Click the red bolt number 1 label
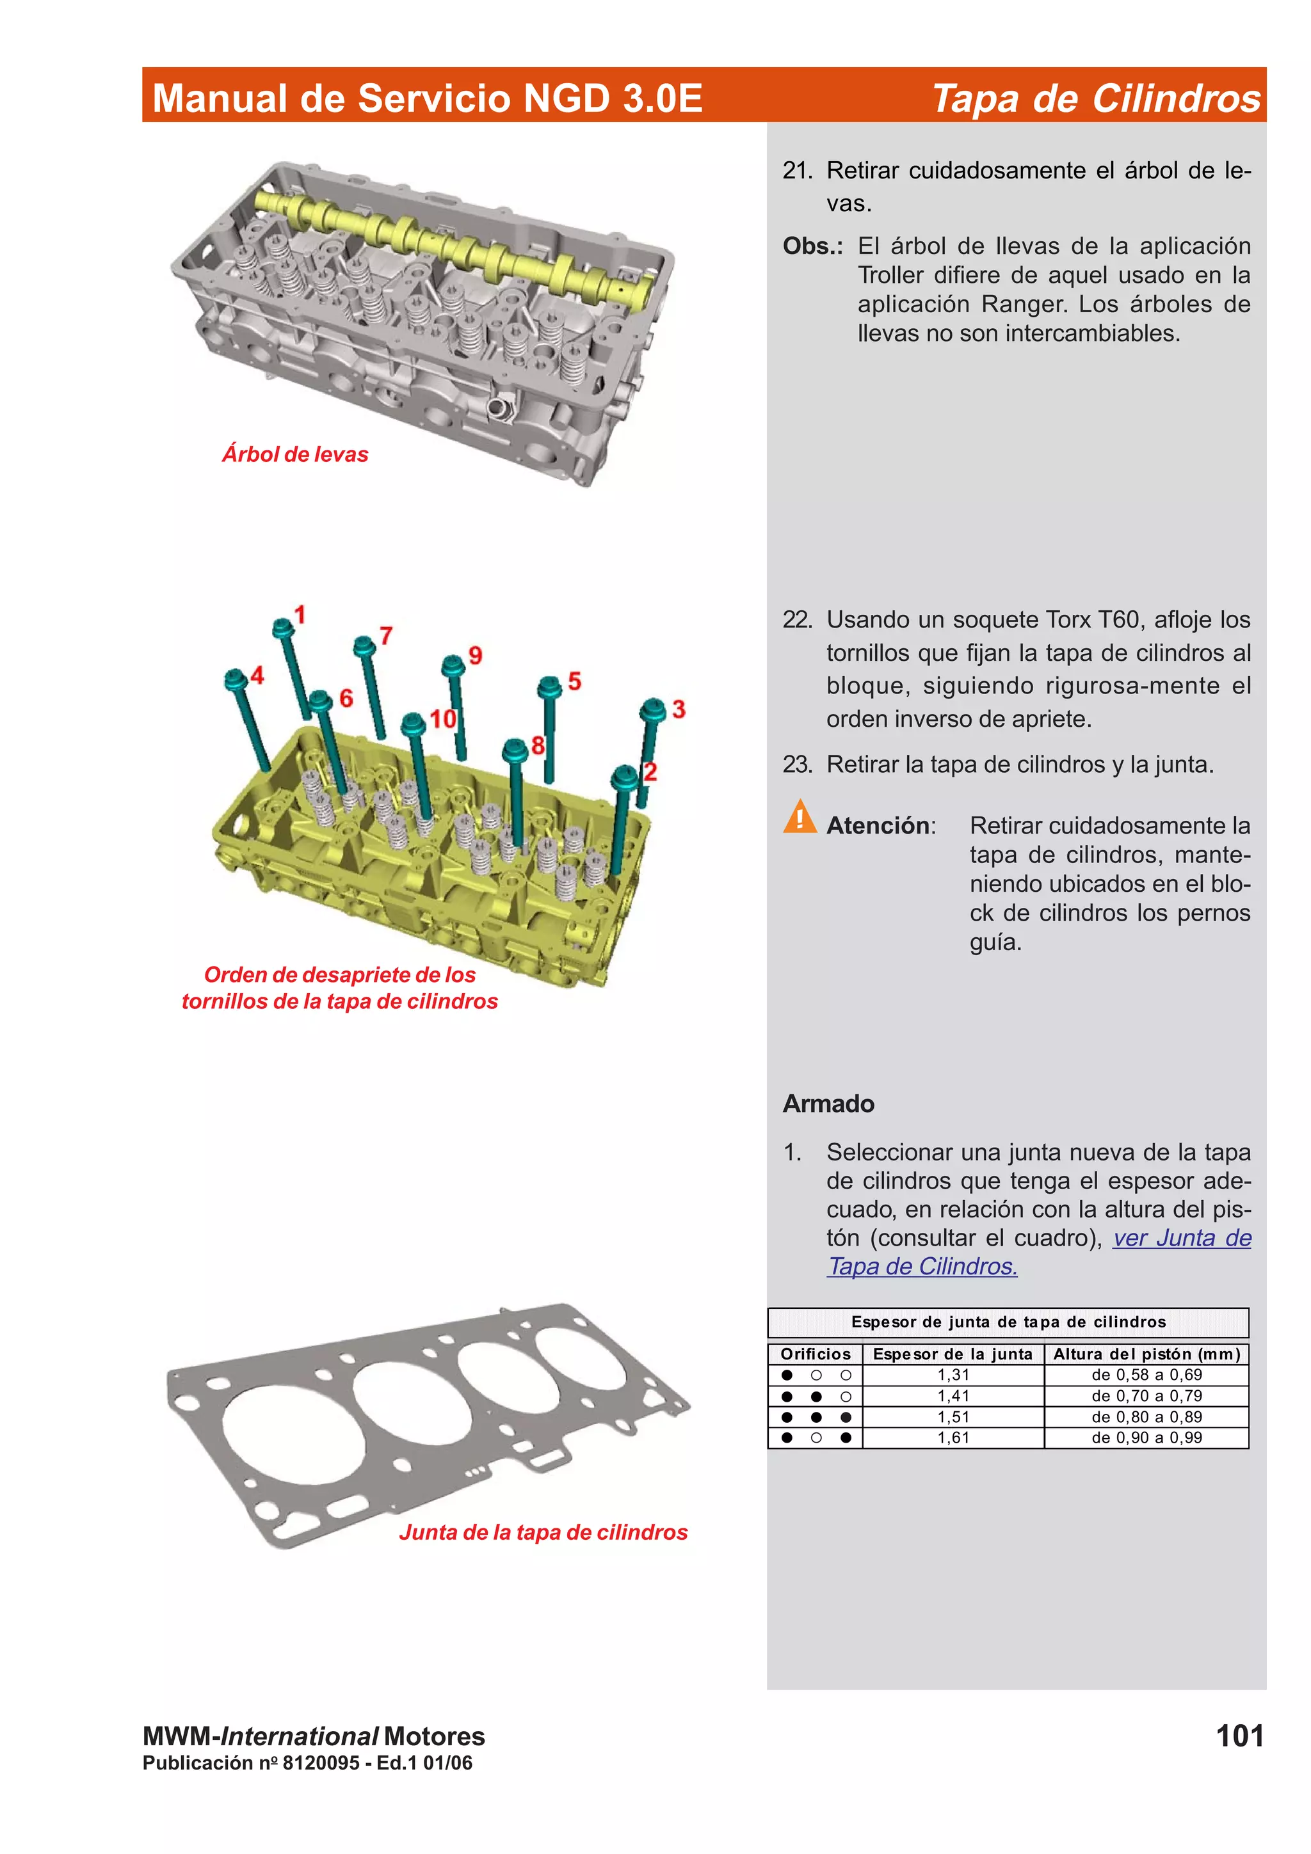click(300, 615)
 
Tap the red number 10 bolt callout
click(442, 718)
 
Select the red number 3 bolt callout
click(679, 709)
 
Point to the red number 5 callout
click(574, 681)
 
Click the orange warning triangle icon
click(800, 817)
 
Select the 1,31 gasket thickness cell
click(953, 1374)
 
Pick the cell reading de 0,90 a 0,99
click(1146, 1438)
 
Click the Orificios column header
click(815, 1353)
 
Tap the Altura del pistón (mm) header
click(1146, 1353)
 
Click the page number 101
click(1239, 1735)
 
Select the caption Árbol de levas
click(295, 455)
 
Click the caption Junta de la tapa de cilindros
click(543, 1532)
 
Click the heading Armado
click(828, 1103)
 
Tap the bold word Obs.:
click(812, 246)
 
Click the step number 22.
click(796, 619)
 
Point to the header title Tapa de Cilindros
click(1095, 99)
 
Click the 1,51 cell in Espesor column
click(953, 1416)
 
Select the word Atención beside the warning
click(878, 825)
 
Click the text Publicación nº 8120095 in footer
click(251, 1763)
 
